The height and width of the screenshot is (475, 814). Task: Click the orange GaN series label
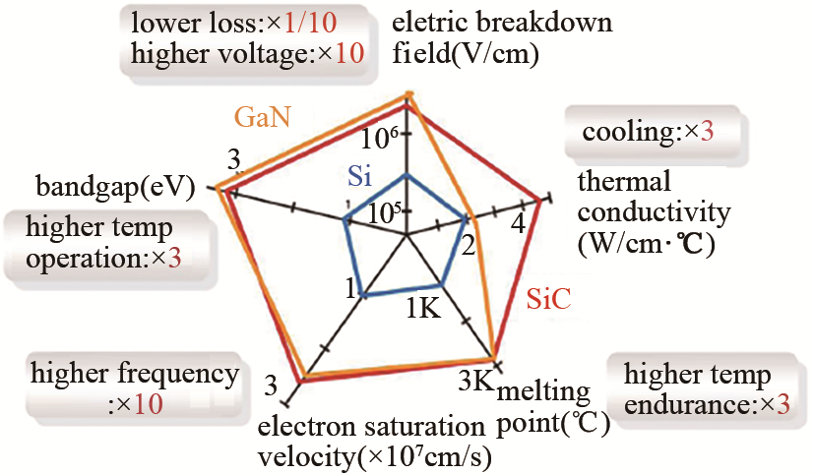[x=263, y=117]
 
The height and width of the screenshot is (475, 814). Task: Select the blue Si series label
[x=360, y=176]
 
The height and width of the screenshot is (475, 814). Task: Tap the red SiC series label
[x=548, y=299]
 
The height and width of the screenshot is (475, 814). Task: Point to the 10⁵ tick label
[x=384, y=212]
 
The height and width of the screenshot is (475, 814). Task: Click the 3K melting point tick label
[x=475, y=382]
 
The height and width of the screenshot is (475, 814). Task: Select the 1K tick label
[x=423, y=308]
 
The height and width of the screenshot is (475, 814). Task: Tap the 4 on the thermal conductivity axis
[x=518, y=224]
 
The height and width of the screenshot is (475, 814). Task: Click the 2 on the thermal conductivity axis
[x=469, y=246]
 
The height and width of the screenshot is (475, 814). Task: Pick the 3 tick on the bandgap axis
[x=234, y=160]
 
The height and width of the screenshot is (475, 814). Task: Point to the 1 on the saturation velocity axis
[x=351, y=288]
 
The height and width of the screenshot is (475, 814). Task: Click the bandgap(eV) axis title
[x=115, y=186]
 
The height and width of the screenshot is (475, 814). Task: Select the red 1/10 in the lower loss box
[x=310, y=23]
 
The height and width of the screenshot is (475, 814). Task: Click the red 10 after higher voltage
[x=349, y=53]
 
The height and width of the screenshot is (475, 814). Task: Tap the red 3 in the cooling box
[x=707, y=132]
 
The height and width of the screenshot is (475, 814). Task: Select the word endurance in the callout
[x=687, y=404]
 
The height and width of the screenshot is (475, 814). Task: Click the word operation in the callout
[x=84, y=259]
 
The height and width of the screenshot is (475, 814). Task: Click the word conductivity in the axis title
[x=655, y=212]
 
